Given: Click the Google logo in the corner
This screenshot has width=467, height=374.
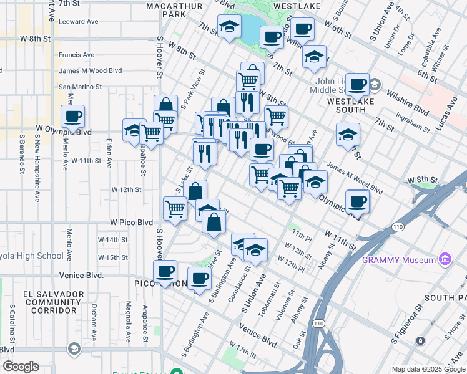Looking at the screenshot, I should [x=21, y=366].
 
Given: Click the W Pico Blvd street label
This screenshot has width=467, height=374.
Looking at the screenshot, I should [x=132, y=222].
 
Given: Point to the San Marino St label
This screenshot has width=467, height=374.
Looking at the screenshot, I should [x=80, y=87].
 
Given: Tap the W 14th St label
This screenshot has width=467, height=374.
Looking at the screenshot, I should [x=112, y=240].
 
